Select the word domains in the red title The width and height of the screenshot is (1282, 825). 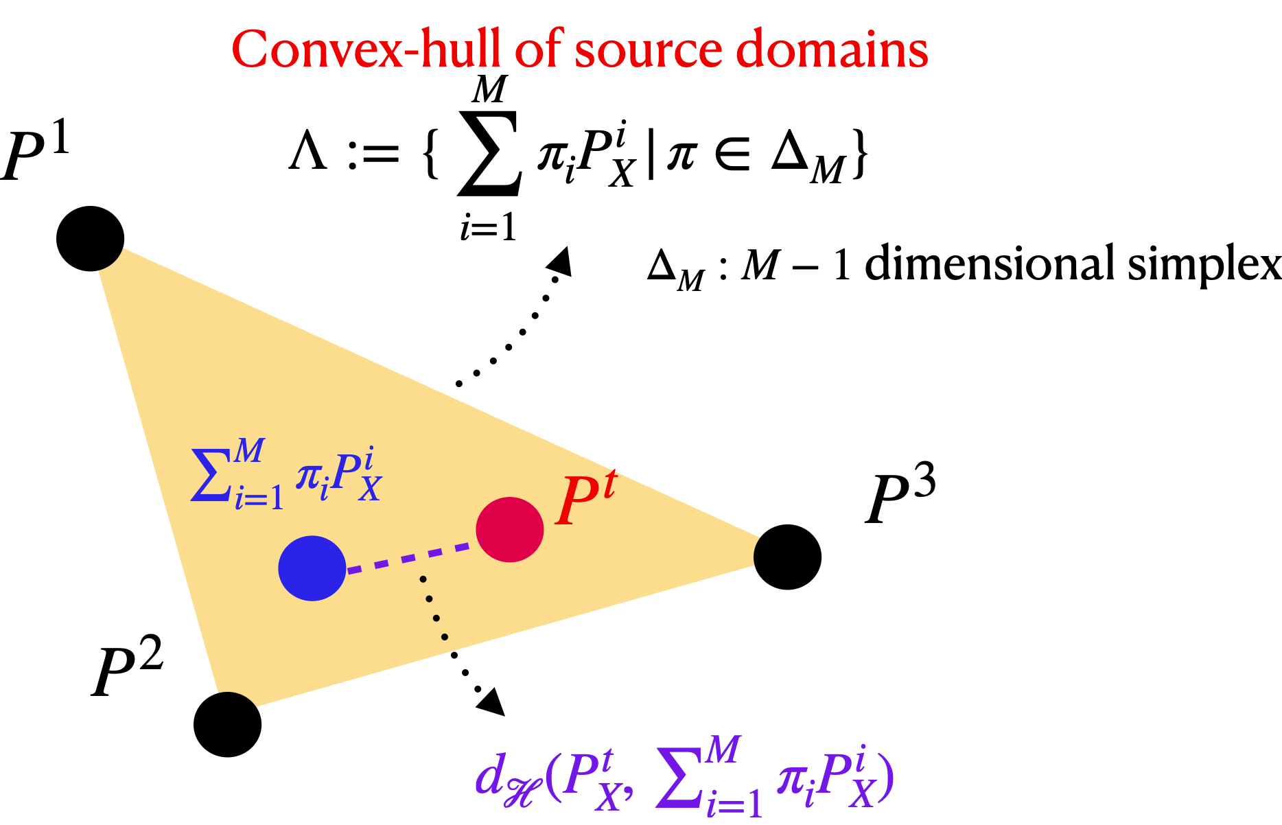(x=831, y=49)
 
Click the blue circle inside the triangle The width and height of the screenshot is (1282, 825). (x=312, y=568)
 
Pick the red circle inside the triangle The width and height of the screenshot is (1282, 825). (x=510, y=529)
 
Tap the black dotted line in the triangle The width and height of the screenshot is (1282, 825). (x=433, y=608)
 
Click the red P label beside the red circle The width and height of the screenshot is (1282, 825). (x=576, y=502)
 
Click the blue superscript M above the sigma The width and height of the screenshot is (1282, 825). (x=248, y=451)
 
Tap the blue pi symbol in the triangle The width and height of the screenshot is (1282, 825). (x=307, y=475)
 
